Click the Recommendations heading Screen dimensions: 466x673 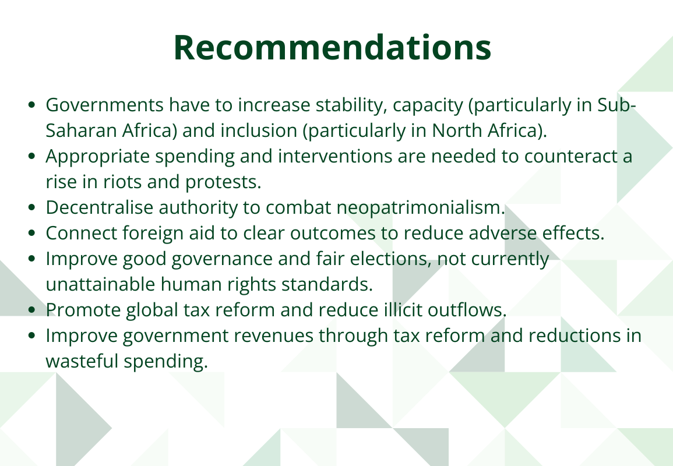[x=332, y=48]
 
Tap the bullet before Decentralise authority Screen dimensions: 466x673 [x=33, y=208]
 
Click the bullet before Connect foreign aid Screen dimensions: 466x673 [x=33, y=234]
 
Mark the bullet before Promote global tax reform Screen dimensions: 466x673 [x=33, y=310]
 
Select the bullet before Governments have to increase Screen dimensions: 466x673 [x=33, y=106]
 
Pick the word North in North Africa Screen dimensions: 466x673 [x=457, y=131]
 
